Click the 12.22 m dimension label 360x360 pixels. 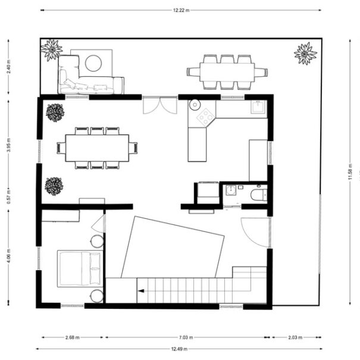[181, 10]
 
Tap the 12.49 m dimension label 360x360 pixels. [179, 349]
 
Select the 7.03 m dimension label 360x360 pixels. [186, 337]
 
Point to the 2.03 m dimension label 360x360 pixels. [295, 337]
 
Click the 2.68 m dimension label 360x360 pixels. [73, 337]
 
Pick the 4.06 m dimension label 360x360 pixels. [9, 256]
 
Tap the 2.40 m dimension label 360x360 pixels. [9, 67]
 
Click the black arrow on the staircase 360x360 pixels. [141, 291]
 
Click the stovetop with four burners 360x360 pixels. [206, 118]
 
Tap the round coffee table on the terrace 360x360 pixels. [93, 63]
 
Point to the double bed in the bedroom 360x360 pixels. [80, 269]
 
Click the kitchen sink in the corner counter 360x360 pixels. [259, 107]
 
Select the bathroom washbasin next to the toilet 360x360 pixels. [231, 190]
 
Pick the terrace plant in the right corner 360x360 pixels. [306, 54]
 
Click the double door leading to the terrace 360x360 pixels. [160, 105]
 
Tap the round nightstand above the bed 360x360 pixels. [97, 242]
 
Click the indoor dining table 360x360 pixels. [97, 148]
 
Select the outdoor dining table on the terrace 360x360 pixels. [227, 72]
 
